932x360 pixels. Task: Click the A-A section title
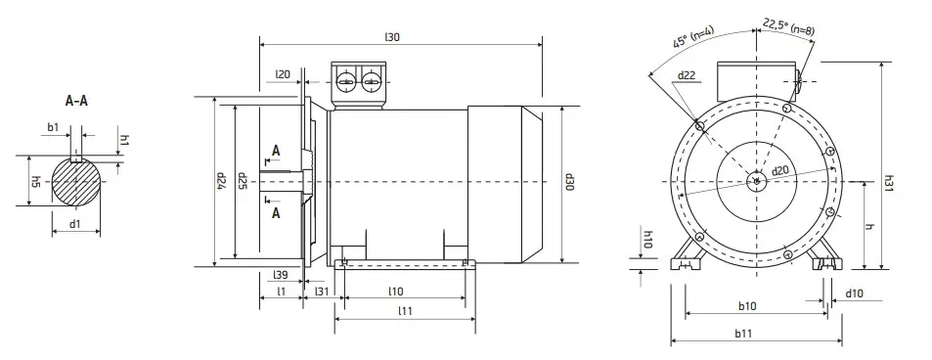coord(76,101)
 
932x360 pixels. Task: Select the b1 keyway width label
coord(53,127)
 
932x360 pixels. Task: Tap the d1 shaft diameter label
coord(75,224)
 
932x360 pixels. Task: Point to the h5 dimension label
coord(36,181)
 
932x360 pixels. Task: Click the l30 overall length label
coord(392,37)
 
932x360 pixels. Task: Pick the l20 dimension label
coord(283,74)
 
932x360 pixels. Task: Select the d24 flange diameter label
coord(220,180)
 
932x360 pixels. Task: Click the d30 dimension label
coord(569,182)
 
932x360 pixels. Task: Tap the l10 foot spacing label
coord(396,291)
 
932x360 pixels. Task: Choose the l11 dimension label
coord(406,311)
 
